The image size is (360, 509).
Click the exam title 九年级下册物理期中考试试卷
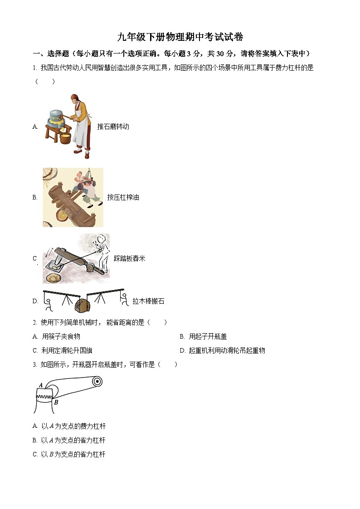pos(180,37)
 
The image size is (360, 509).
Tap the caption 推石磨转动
pos(113,126)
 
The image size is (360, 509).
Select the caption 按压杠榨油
pos(123,197)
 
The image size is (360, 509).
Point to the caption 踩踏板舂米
pos(129,258)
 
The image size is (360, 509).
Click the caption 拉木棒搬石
pos(148,301)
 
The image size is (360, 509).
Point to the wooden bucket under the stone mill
pos(66,136)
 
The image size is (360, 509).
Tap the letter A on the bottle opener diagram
pos(41,385)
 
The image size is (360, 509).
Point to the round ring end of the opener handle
pos(97,382)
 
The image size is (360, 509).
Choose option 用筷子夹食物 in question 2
pos(61,336)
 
